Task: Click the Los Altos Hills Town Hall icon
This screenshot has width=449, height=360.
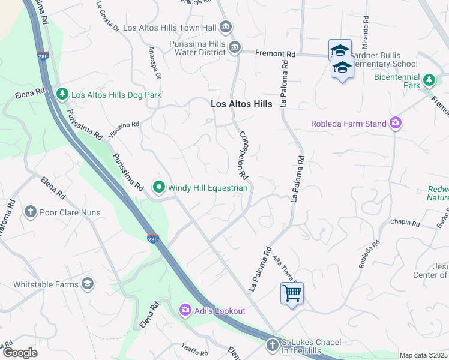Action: [226, 27]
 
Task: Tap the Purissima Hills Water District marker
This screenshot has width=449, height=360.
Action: [235, 47]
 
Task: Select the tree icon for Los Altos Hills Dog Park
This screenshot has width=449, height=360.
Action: [62, 94]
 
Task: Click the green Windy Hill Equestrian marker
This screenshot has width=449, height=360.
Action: [159, 188]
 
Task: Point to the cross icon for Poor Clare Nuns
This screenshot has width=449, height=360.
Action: [31, 212]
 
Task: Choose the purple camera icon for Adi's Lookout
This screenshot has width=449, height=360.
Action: [185, 310]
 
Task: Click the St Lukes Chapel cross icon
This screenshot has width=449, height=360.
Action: [272, 345]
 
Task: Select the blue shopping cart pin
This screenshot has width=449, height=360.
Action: [292, 293]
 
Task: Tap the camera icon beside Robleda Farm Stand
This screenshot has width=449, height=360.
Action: [395, 124]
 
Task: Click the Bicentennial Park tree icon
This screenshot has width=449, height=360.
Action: [429, 80]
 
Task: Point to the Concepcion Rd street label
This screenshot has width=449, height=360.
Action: [243, 155]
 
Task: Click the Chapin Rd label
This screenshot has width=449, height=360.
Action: [405, 223]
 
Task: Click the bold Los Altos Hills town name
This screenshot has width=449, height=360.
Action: [241, 104]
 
